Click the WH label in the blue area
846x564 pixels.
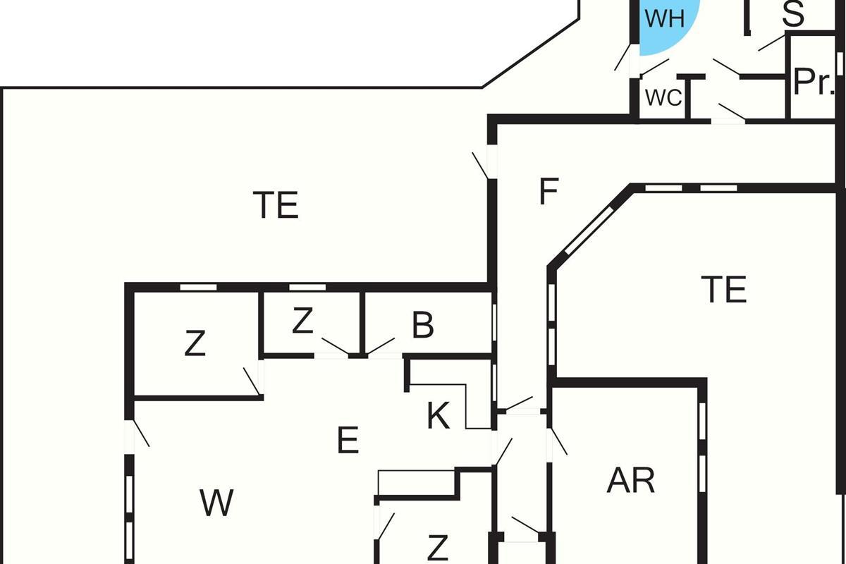pos(665,19)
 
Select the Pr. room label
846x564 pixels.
pos(813,82)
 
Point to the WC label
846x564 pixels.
pos(663,98)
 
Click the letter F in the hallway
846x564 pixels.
pos(548,192)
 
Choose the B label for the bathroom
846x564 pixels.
pos(422,326)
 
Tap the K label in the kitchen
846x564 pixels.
pos(438,417)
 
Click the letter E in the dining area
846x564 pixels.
pos(348,441)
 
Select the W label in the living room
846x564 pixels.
pos(216,503)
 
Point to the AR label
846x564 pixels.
pos(631,481)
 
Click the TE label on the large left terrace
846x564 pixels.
pos(276,205)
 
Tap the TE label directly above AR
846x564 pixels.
pos(724,290)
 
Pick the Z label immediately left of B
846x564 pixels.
pos(302,322)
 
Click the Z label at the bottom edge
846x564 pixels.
pos(438,547)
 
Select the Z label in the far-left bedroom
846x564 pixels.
pos(195,344)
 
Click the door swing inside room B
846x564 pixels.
pos(381,345)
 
